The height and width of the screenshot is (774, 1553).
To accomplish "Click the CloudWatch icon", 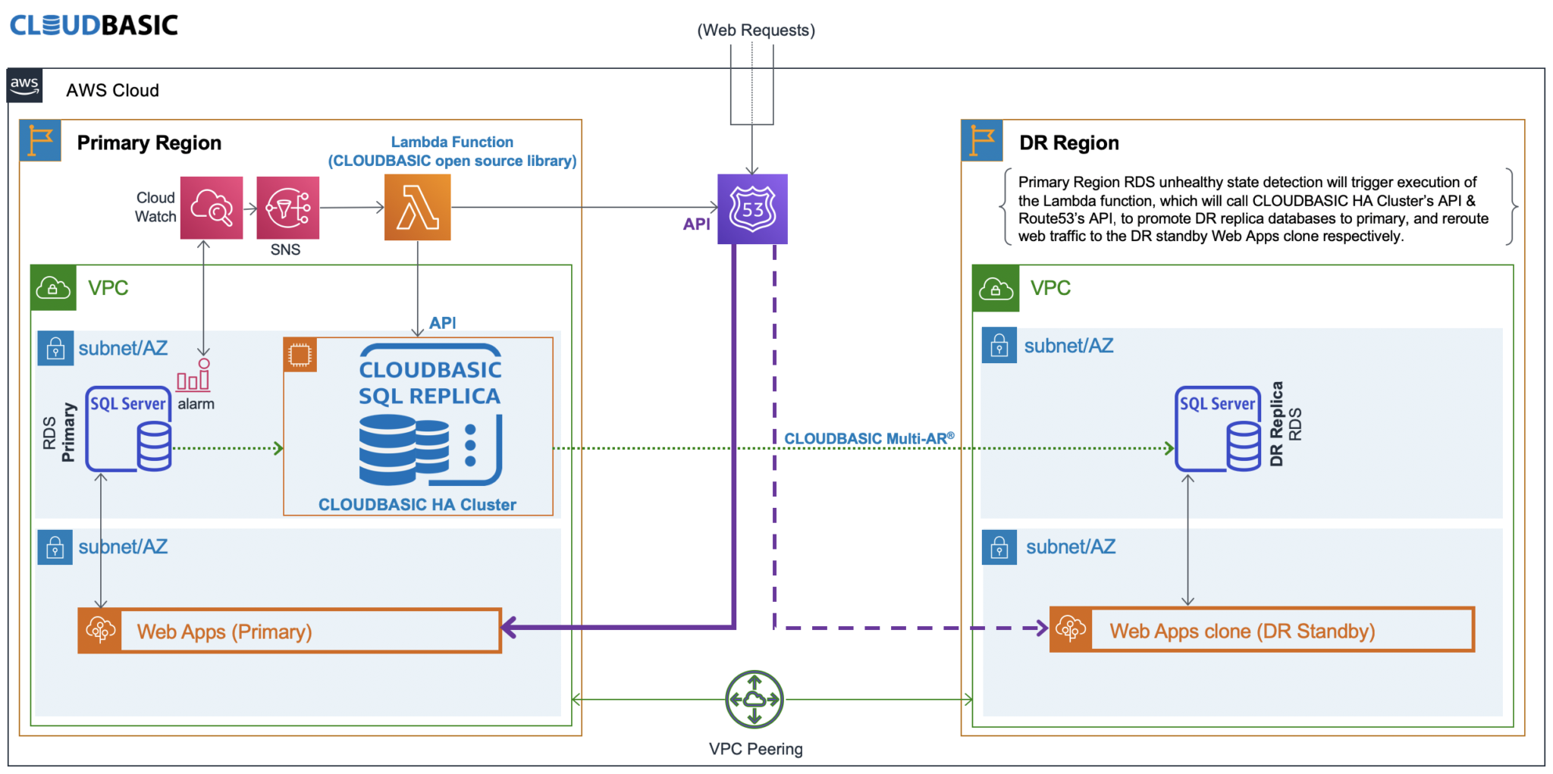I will click(x=212, y=208).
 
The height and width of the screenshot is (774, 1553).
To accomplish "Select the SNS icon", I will click(x=287, y=208).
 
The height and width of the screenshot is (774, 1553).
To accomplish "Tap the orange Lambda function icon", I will click(x=417, y=207).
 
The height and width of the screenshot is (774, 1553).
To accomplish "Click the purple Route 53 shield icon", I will click(x=752, y=209).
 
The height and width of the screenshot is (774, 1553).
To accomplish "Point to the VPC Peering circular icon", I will click(x=754, y=699).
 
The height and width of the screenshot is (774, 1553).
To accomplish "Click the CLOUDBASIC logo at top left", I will click(x=94, y=25).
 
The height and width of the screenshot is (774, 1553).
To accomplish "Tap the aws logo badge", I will click(x=25, y=86).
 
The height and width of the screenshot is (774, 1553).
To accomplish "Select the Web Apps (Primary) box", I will click(x=289, y=631).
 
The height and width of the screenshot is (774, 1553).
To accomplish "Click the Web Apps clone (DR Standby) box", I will click(x=1261, y=630).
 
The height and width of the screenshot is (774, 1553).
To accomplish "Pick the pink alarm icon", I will click(x=194, y=376).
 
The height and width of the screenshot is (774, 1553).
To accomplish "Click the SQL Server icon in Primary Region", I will click(x=129, y=429).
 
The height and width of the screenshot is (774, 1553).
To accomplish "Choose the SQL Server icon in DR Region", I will click(x=1219, y=429).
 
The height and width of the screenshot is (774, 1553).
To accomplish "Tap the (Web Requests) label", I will click(x=755, y=30).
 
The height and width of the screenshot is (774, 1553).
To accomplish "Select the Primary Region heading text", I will click(x=149, y=143).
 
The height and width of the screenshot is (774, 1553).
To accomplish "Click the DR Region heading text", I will click(x=1068, y=143).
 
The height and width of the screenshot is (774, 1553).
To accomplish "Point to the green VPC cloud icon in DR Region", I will click(x=996, y=288).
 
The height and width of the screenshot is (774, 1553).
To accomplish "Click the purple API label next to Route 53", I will click(x=696, y=224).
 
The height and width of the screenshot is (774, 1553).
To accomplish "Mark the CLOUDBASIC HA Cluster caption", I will click(x=417, y=505).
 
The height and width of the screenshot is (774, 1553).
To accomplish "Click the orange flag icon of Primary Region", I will click(x=40, y=141).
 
